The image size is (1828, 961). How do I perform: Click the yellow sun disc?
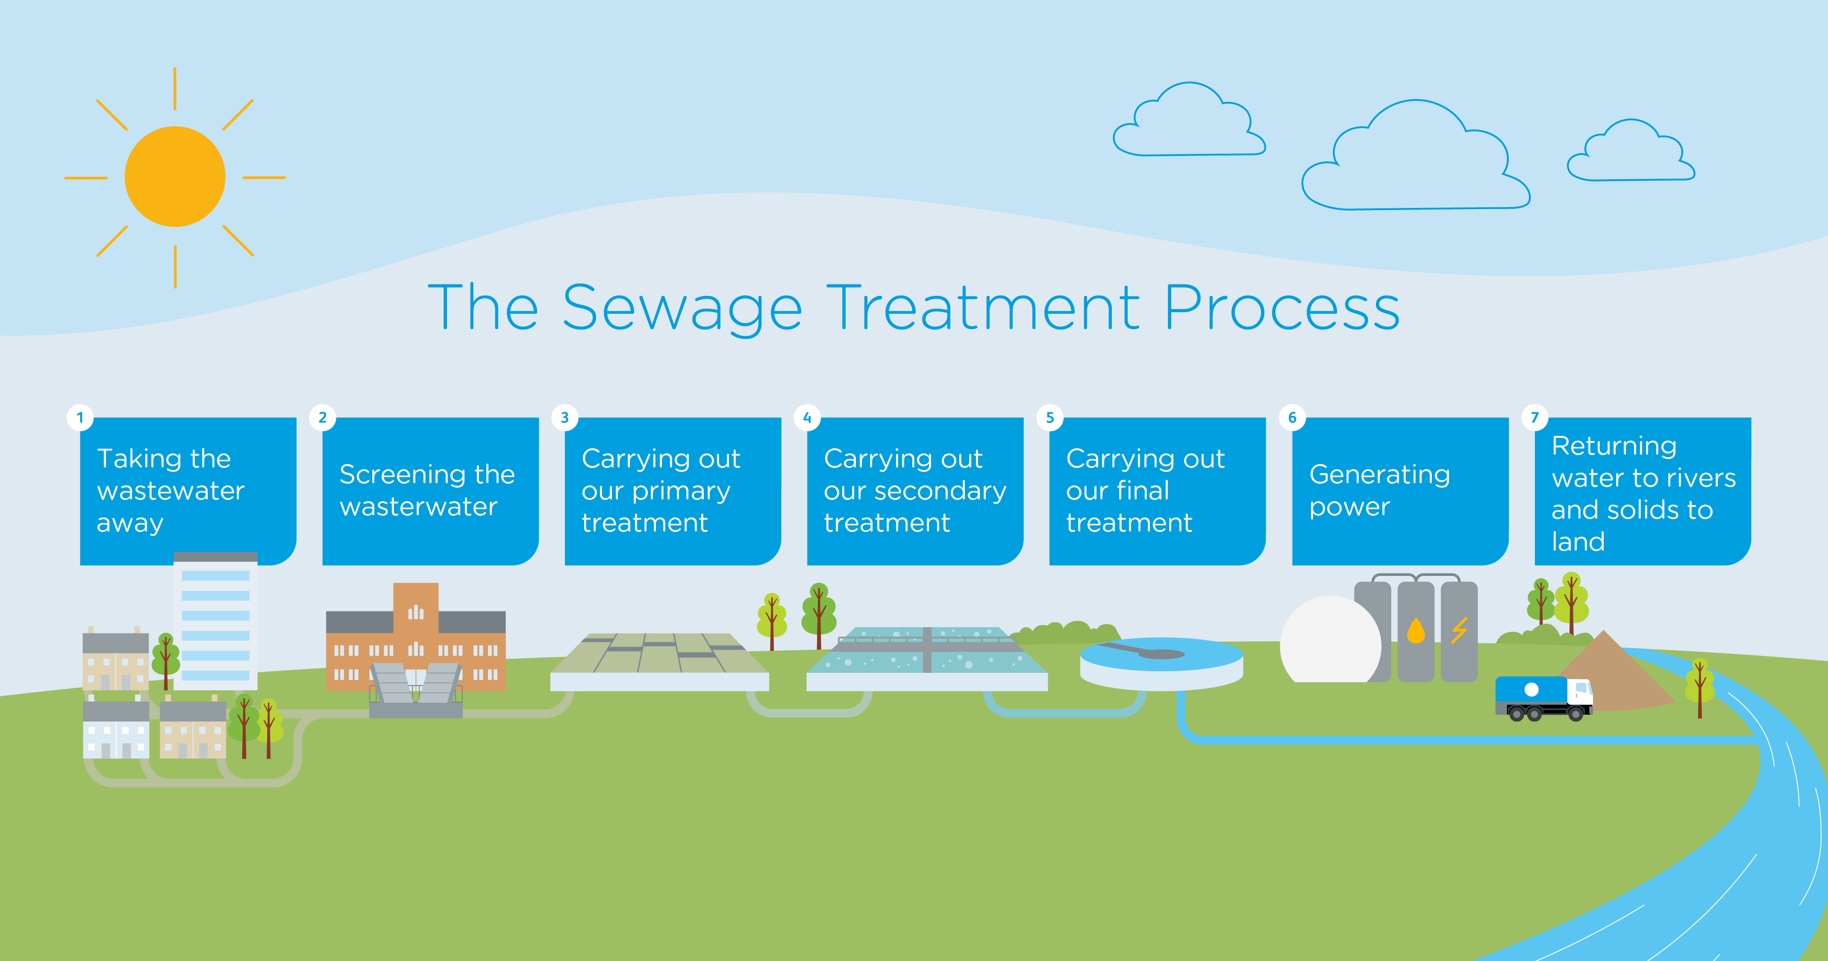pos(175,177)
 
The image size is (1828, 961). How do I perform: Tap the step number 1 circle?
pos(80,418)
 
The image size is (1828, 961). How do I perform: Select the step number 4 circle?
pos(807,418)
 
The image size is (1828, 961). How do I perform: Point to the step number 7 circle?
pos(1534,418)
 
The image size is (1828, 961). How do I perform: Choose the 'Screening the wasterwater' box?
pos(430,491)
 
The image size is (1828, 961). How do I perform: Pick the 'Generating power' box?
pos(1399,491)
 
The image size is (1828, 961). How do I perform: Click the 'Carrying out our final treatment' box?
pos(1157,491)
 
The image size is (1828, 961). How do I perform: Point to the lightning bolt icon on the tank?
pos(1459,630)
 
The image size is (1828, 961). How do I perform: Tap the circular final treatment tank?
pos(1161,663)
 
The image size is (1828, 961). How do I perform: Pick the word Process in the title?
pos(1281,309)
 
